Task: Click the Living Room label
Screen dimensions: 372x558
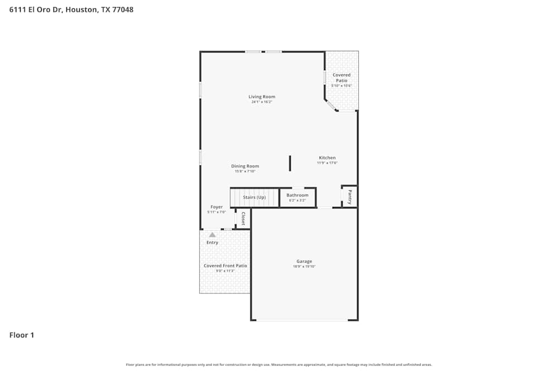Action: (x=262, y=97)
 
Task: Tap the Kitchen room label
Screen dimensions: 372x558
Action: (x=327, y=158)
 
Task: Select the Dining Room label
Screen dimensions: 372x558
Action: (x=245, y=166)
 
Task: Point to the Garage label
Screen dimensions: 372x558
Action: (x=304, y=262)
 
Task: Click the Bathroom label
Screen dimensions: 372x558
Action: (x=297, y=195)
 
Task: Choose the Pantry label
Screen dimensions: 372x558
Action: (x=350, y=197)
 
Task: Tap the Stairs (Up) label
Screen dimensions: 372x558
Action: (x=254, y=197)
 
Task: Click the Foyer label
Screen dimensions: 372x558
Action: (x=217, y=207)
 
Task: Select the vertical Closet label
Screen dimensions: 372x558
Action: (x=243, y=218)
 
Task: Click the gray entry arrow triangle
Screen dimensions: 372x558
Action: (x=212, y=235)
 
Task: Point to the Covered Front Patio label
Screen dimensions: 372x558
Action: (x=225, y=266)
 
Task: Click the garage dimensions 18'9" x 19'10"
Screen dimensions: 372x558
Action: (x=304, y=267)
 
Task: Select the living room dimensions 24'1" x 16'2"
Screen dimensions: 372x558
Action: (x=262, y=102)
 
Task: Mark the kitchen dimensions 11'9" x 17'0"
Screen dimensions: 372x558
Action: (x=327, y=163)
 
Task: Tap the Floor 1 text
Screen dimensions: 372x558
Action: (x=22, y=335)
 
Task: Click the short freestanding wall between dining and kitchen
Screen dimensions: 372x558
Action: (x=290, y=163)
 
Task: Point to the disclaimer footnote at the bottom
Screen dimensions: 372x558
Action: (x=278, y=365)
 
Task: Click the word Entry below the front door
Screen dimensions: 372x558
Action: (x=212, y=243)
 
